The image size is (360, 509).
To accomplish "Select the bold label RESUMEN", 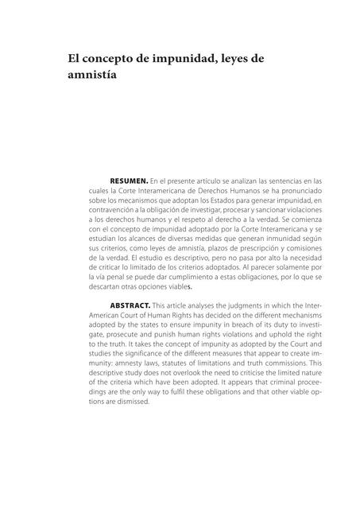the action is tap(127, 181).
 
